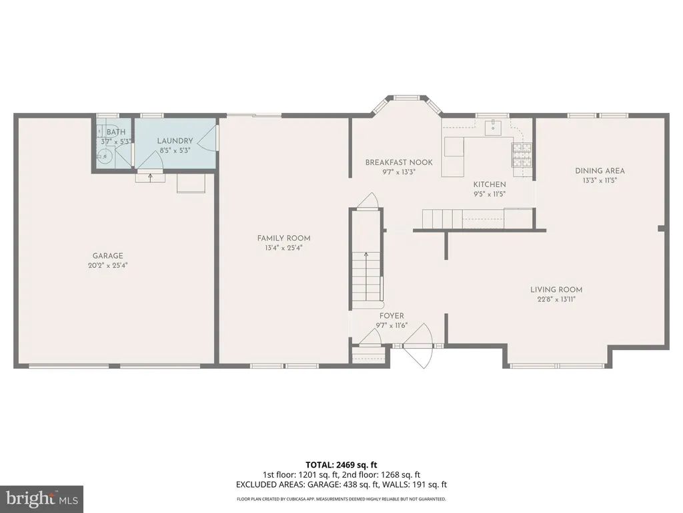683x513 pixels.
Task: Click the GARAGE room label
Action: (x=107, y=256)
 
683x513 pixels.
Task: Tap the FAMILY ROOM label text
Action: (x=283, y=238)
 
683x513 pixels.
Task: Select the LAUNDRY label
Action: (x=175, y=141)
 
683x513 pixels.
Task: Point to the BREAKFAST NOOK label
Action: (x=399, y=162)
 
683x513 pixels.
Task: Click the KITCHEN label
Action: (x=490, y=184)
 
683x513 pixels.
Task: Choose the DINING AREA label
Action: (x=600, y=171)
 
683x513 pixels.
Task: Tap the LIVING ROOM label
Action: (x=556, y=290)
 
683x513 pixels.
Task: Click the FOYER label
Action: (x=392, y=316)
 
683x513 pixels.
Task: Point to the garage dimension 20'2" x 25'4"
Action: (x=107, y=265)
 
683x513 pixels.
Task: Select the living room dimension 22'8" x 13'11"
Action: (x=556, y=299)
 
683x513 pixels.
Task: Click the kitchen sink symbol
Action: (x=494, y=126)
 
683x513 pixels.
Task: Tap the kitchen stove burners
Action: (x=522, y=155)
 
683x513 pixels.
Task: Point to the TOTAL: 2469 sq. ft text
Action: (x=341, y=465)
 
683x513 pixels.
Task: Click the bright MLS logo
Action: (x=42, y=499)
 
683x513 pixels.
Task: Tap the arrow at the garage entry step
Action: (x=150, y=177)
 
